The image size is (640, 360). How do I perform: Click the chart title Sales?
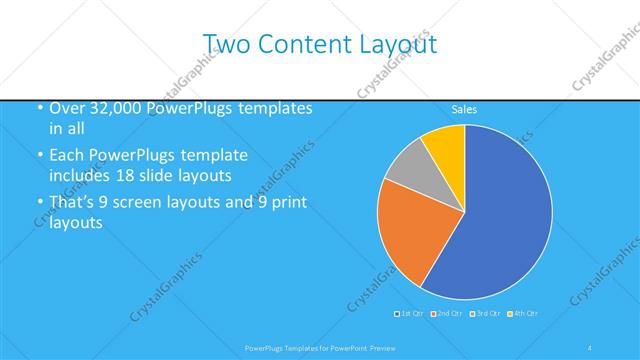464,109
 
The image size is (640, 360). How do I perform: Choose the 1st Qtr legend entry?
410,314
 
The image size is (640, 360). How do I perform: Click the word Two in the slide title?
226,44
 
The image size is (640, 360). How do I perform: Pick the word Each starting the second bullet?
68,156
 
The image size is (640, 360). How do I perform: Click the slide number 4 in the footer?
589,347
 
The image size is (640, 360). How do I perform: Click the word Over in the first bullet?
68,108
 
